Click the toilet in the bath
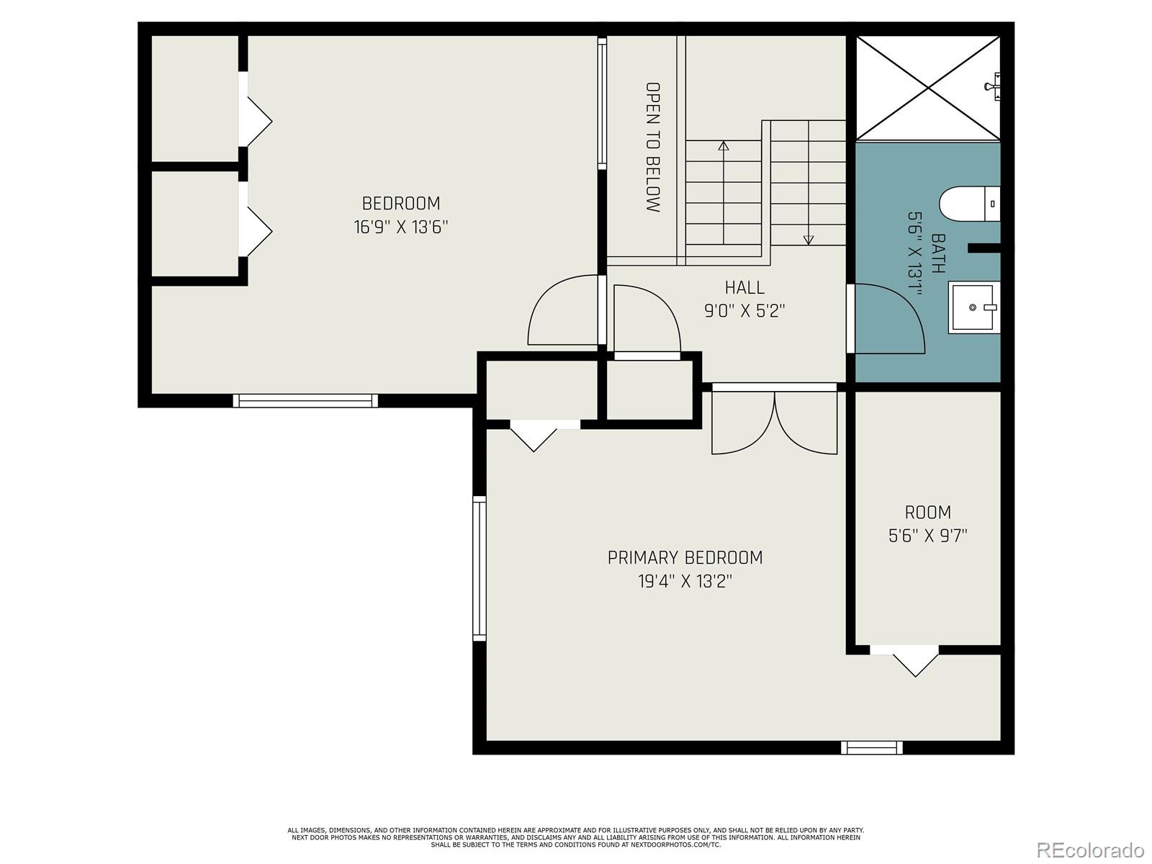pos(969,204)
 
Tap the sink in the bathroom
pos(973,307)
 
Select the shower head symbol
pos(994,86)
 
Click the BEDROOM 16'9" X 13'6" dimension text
pos(400,227)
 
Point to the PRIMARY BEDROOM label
pos(685,557)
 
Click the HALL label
pos(744,287)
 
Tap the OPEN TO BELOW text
pos(652,147)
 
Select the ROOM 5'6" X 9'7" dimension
pos(927,536)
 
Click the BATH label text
pos(938,253)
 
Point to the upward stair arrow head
pos(723,146)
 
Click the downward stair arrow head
pos(809,240)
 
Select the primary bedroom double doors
pos(774,423)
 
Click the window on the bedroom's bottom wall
pos(305,401)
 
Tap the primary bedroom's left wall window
pos(480,568)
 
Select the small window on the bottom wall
pos(872,747)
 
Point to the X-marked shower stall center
pos(928,88)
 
